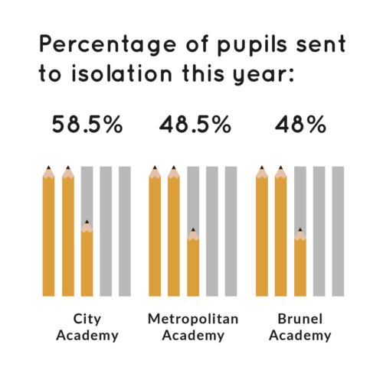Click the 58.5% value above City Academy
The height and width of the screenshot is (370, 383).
87,125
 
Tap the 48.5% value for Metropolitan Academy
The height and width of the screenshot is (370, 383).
195,125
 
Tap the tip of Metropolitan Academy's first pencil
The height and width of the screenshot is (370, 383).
155,167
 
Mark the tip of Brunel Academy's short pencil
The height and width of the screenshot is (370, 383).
300,229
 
